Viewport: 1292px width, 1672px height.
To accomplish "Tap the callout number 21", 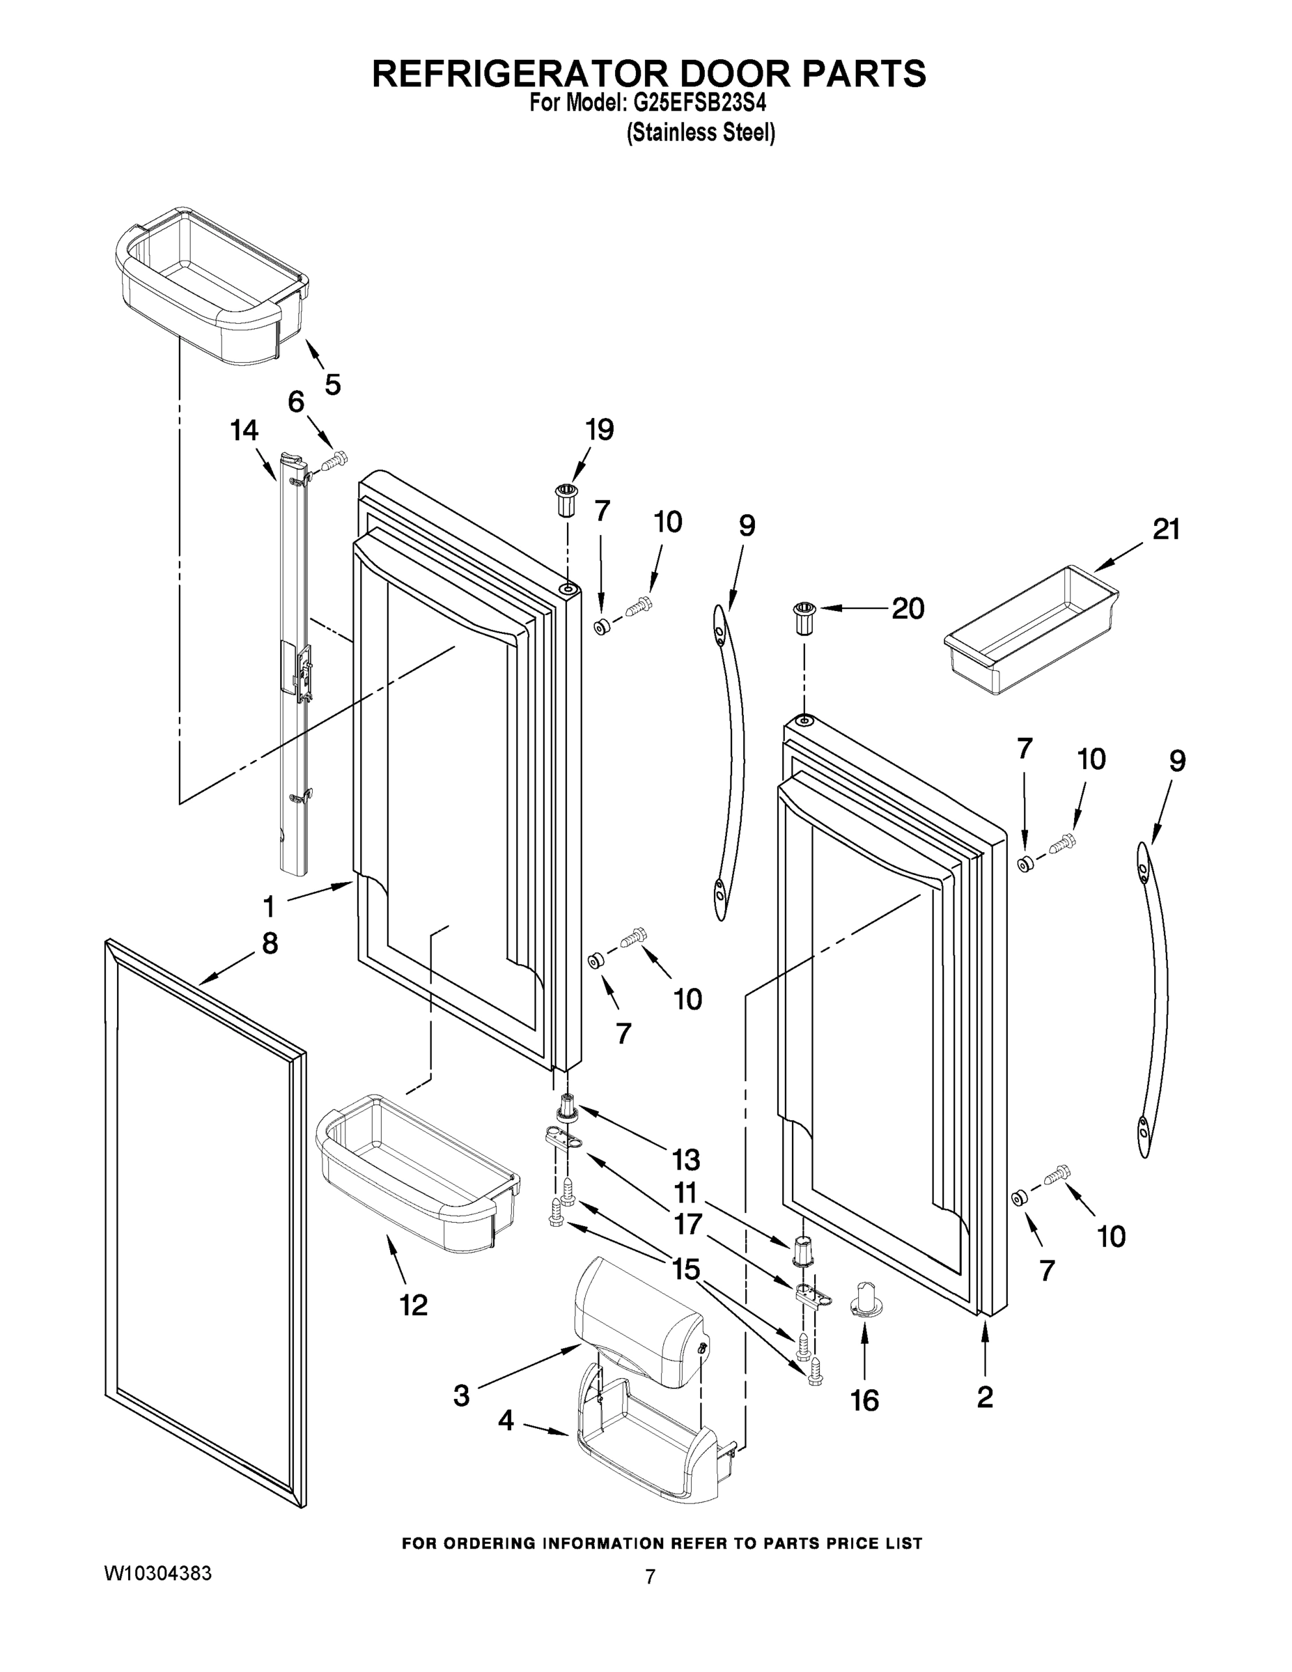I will point(1166,529).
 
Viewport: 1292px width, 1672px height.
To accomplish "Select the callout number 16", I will point(865,1401).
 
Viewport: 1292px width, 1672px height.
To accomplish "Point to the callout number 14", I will point(244,431).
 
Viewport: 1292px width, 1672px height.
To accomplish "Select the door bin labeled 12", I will point(417,1171).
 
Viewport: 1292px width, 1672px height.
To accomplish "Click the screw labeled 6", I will point(334,462).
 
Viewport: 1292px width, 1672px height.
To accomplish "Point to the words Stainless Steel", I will point(701,133).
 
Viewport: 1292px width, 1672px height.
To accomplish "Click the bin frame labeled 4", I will point(647,1439).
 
